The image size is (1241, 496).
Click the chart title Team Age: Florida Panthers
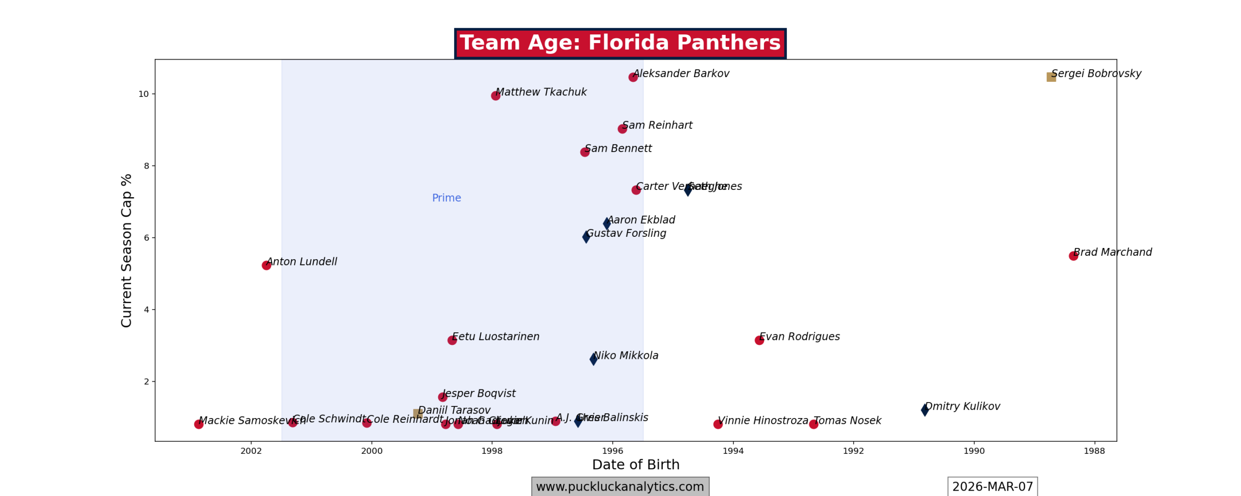620,43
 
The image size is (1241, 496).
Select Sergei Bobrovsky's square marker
1051,77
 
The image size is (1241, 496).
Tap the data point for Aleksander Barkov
633,77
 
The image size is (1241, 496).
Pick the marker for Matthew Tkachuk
495,95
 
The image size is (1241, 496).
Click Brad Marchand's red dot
1073,256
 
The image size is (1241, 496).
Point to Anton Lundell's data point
266,265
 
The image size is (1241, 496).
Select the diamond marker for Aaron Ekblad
607,223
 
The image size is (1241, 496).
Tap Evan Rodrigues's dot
759,340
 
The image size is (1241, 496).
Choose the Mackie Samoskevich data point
199,424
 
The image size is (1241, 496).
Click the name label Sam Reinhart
657,125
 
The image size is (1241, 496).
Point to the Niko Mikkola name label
625,356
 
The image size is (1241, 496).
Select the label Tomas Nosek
847,420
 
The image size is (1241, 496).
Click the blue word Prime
446,198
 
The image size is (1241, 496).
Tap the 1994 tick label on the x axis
733,451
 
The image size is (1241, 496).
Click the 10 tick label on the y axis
143,94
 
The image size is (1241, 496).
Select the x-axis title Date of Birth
636,465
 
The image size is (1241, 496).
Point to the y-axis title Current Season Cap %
127,250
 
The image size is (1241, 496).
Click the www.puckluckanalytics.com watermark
620,486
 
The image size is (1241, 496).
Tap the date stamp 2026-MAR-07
992,486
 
